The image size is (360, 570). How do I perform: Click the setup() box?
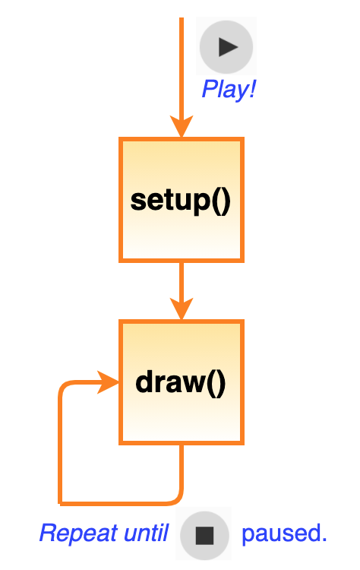coord(182,200)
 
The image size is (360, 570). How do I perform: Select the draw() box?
coord(182,382)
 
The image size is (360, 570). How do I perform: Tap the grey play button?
coord(226,47)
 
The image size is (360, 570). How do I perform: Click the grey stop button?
coord(204,535)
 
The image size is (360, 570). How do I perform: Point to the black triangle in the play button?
coord(227,47)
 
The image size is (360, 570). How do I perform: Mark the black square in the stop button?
coord(204,535)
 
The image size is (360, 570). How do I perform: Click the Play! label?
coord(229,89)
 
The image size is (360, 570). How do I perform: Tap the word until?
coord(146,533)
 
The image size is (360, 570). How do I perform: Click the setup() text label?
coord(181,201)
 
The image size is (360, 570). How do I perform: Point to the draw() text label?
coord(181,383)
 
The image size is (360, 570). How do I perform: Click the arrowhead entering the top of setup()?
coord(182,126)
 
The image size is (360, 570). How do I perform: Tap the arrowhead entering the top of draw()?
coord(182,309)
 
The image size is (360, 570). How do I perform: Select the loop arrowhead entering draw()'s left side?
coord(108,382)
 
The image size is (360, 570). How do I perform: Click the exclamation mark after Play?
coord(251,89)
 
